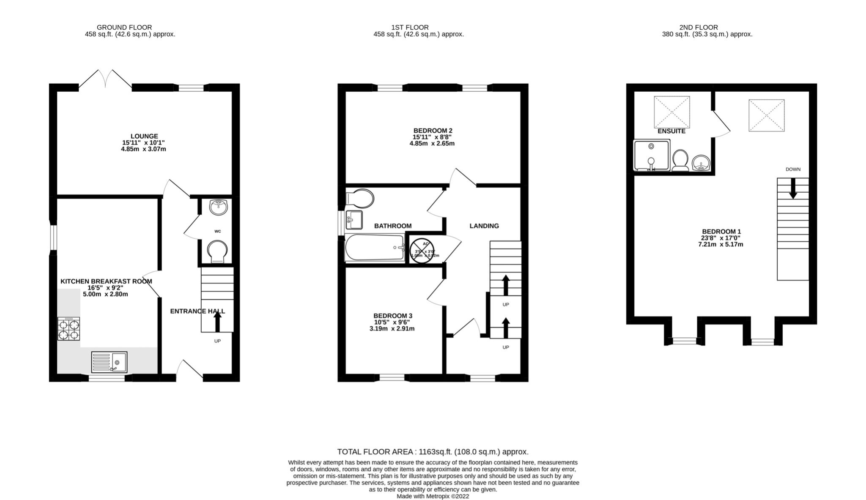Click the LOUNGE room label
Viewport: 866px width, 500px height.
[x=144, y=137]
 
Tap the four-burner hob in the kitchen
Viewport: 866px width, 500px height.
[x=69, y=329]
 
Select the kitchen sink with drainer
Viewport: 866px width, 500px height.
[x=109, y=362]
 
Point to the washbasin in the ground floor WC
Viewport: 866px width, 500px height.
[x=218, y=207]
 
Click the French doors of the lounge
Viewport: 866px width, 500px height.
[x=105, y=80]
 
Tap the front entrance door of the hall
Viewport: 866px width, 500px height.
[x=189, y=369]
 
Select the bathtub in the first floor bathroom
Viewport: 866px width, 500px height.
[x=375, y=248]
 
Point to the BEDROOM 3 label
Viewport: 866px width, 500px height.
[x=392, y=316]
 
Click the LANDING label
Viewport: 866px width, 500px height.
[x=484, y=226]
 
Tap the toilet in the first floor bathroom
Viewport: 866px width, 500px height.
[x=360, y=198]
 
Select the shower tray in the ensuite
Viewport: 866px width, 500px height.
[x=652, y=156]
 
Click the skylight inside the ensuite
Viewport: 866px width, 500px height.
[x=672, y=112]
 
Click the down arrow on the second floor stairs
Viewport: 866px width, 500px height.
[x=793, y=188]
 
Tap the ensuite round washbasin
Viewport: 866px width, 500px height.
[x=701, y=163]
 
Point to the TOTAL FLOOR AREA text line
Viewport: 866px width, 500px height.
[x=433, y=452]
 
